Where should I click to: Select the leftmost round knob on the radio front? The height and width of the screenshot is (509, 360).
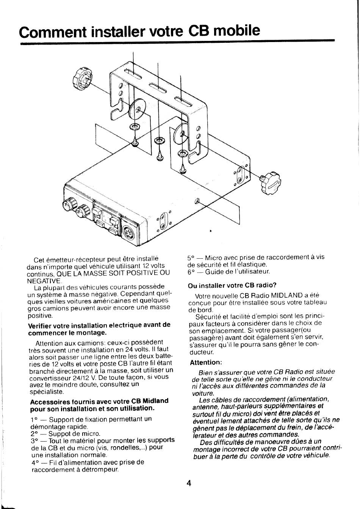point(69,205)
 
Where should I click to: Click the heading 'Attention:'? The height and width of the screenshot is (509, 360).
point(206,362)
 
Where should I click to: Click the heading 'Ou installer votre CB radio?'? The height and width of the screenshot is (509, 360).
point(232,285)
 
